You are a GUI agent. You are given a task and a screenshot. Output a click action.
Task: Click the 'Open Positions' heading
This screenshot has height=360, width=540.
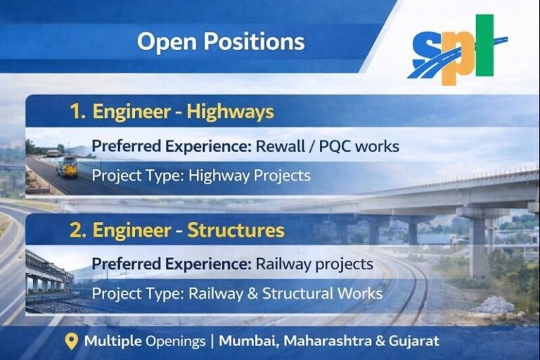[x=221, y=41]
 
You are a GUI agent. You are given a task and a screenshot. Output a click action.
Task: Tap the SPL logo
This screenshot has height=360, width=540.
[x=457, y=50]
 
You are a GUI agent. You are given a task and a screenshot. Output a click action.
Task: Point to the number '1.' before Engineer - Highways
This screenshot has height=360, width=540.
[x=77, y=112]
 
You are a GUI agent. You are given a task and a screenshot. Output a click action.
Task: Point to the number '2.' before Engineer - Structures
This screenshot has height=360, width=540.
[x=77, y=231]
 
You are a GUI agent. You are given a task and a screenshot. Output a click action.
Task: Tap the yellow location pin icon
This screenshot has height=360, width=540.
[x=71, y=342]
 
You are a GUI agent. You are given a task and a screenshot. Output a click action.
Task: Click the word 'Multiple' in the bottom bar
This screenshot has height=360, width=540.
[x=112, y=342]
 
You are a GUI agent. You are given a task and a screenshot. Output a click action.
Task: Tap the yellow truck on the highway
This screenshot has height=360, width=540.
[x=68, y=167]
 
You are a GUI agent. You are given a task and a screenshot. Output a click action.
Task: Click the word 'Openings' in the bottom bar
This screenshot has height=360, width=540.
[x=176, y=342]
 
